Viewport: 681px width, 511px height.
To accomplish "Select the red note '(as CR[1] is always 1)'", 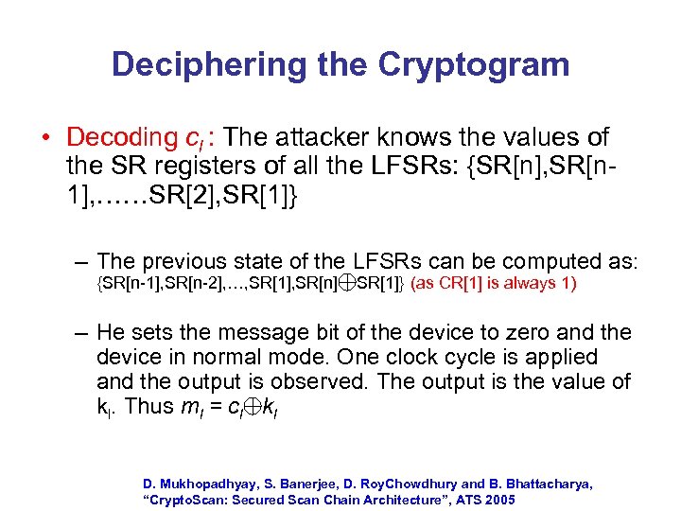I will [x=493, y=283].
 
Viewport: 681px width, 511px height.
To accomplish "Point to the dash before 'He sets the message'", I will [x=82, y=333].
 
